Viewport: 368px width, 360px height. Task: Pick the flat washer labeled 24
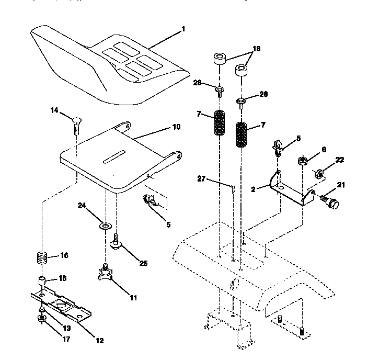[105, 226]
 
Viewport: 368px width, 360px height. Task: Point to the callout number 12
[99, 341]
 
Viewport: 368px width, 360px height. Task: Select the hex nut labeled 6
[302, 160]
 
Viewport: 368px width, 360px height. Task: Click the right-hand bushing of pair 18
[242, 70]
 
